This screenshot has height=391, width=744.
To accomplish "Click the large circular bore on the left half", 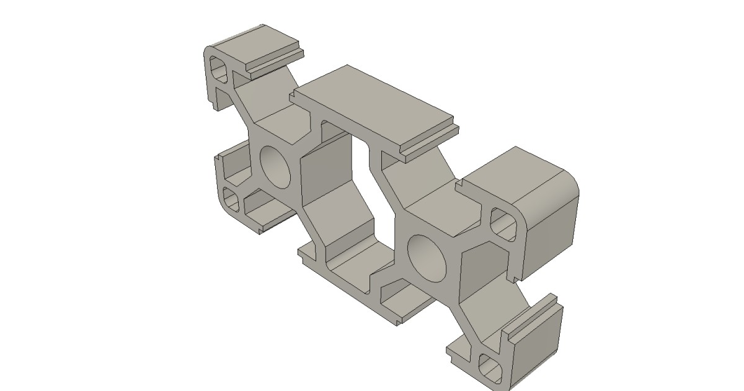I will point(276,166).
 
